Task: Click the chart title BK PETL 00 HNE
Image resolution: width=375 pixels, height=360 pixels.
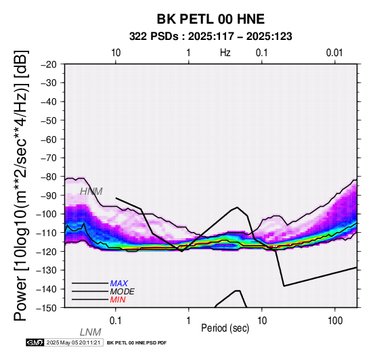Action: [211, 19]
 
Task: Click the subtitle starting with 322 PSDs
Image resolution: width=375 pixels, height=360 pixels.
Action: [211, 37]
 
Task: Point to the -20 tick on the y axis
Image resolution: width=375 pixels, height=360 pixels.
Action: [49, 64]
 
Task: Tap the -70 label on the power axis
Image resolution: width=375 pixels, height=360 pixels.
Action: [49, 158]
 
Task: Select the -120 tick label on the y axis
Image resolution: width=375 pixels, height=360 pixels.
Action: [47, 252]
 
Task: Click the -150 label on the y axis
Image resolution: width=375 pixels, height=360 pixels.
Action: [47, 308]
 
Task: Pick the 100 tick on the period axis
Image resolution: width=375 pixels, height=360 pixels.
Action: [335, 321]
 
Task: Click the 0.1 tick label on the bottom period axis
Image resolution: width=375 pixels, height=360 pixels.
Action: [116, 321]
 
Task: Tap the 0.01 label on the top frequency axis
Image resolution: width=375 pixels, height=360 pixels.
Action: [334, 53]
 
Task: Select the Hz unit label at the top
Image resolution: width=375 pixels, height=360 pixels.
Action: [225, 53]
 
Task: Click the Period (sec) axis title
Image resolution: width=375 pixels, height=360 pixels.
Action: [225, 328]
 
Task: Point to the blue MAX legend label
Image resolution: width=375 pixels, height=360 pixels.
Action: [119, 284]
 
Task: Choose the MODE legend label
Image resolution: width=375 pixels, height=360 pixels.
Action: [123, 292]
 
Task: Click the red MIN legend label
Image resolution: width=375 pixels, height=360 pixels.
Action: [118, 300]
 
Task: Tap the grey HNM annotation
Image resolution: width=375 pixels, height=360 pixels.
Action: [91, 192]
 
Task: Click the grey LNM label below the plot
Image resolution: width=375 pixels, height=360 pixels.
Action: [91, 332]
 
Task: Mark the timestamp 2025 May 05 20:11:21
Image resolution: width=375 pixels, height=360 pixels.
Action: [73, 343]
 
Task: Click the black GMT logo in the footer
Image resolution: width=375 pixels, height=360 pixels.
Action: [35, 343]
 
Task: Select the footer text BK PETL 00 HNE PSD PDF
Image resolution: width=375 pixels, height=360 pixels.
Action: [137, 343]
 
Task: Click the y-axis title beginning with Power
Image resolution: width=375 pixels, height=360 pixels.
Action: [21, 185]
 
